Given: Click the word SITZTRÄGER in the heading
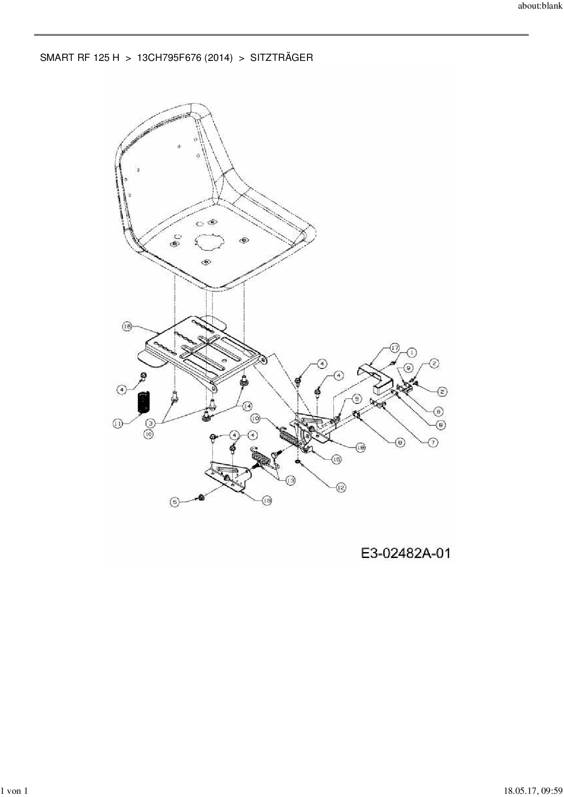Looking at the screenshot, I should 281,58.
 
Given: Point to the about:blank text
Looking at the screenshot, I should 540,8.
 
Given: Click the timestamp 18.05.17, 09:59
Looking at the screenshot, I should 529,791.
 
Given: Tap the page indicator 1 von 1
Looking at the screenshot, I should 15,791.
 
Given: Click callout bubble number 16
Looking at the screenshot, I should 127,326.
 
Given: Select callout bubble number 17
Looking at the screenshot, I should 394,349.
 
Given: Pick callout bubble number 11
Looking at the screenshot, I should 118,423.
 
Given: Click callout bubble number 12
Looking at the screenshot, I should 341,488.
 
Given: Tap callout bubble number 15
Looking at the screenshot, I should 336,459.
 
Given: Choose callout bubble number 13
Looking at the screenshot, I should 290,480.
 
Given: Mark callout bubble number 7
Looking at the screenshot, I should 432,442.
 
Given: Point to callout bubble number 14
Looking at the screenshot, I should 247,406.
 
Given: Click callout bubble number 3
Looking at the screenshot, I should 151,423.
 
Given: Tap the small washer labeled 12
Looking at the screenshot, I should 297,462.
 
